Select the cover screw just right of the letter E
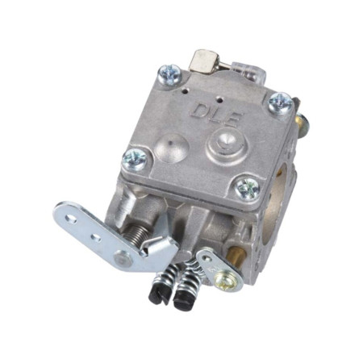click(280, 102)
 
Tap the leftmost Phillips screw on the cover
click(136, 159)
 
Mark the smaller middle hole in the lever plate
click(96, 237)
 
